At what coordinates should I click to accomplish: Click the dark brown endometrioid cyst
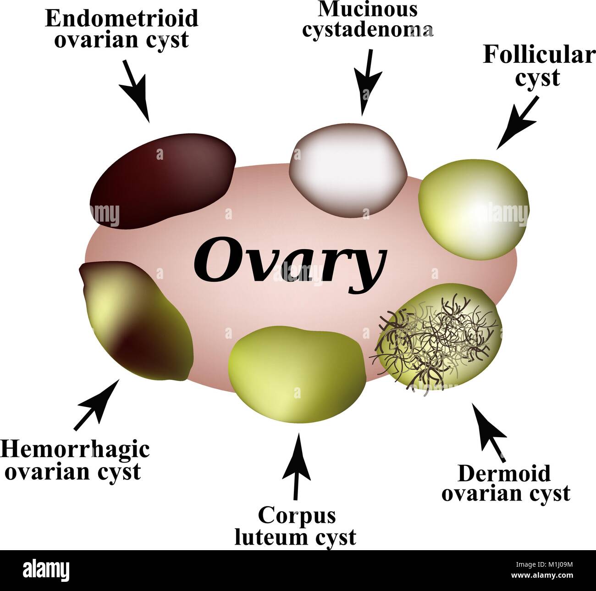tap(162, 181)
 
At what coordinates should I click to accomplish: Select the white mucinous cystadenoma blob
tap(348, 170)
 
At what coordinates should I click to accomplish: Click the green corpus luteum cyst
tap(298, 374)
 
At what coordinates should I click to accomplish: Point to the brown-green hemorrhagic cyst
tap(136, 322)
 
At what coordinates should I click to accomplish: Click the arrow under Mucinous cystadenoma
tap(367, 82)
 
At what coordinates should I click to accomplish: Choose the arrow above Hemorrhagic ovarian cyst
tap(96, 405)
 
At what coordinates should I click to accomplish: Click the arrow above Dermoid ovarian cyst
tap(489, 431)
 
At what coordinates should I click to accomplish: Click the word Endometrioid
tap(121, 18)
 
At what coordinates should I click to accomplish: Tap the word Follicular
tap(539, 54)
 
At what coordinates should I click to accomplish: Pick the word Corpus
tap(297, 515)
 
